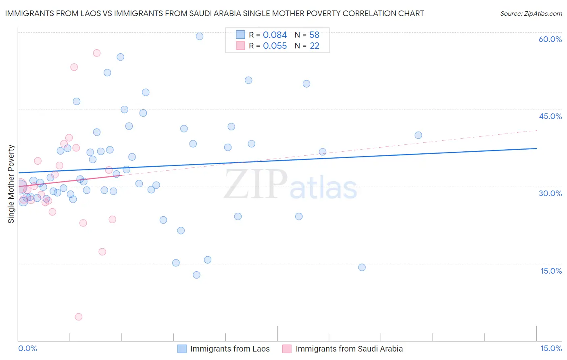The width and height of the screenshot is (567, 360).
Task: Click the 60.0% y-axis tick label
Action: tap(550, 39)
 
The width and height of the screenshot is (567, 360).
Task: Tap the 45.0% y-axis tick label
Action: tap(550, 116)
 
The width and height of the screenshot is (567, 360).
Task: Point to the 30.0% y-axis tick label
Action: tap(550, 193)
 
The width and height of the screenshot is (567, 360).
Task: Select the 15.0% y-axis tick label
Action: tap(551, 271)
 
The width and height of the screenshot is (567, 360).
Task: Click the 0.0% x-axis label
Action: tap(27, 349)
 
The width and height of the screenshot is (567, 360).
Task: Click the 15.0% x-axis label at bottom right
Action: tap(551, 349)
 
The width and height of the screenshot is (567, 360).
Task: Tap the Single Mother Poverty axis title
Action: tap(11, 184)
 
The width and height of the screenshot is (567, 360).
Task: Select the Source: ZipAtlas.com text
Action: tap(531, 13)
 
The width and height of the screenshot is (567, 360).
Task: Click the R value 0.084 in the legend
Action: tap(275, 35)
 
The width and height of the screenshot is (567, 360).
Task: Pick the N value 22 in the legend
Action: tap(314, 46)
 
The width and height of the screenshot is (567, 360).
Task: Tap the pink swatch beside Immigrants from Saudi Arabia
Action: tap(287, 349)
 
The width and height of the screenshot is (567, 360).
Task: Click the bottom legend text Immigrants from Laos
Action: tap(230, 349)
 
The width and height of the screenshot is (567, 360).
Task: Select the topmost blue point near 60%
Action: tap(200, 36)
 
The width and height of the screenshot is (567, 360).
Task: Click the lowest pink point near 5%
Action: tap(79, 317)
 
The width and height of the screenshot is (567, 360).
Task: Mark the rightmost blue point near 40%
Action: tap(418, 135)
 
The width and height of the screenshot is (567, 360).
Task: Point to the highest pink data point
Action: tap(97, 53)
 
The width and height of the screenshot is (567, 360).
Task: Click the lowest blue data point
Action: tap(196, 275)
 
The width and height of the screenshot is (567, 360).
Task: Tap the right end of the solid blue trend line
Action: tap(537, 149)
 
